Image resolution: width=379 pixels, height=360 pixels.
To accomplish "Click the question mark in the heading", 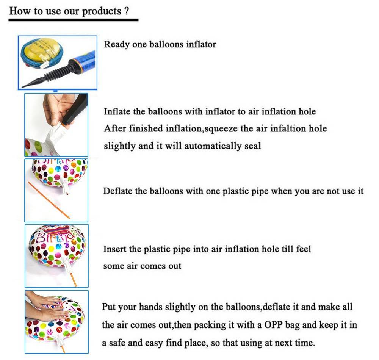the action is pyautogui.click(x=127, y=11).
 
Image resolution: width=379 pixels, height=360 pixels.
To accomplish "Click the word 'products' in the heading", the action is pyautogui.click(x=102, y=12).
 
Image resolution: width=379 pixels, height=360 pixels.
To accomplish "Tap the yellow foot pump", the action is pyautogui.click(x=42, y=52).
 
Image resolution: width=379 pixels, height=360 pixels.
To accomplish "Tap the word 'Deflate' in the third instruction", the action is pyautogui.click(x=118, y=191).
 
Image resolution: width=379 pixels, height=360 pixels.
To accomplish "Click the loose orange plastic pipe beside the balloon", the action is pyautogui.click(x=49, y=200).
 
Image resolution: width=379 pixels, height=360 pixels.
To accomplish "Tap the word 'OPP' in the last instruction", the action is pyautogui.click(x=273, y=325).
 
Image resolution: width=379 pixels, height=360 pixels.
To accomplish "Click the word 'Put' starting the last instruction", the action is pyautogui.click(x=108, y=307).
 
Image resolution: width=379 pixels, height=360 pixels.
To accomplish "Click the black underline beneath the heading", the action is pyautogui.click(x=74, y=20).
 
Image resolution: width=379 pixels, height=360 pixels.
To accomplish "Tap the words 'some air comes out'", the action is pyautogui.click(x=142, y=266).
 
